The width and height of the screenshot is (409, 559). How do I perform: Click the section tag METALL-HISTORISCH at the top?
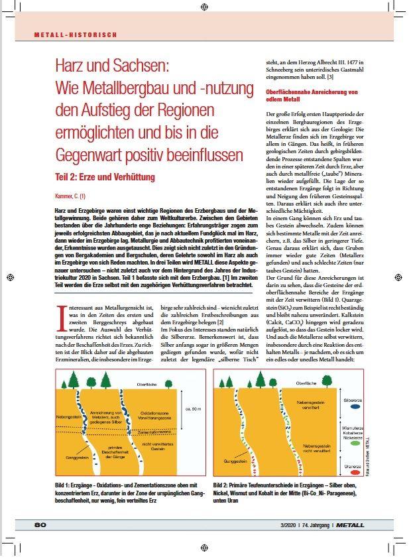(x=76, y=33)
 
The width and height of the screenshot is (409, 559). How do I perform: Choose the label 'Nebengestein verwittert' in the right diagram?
(x=310, y=404)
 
